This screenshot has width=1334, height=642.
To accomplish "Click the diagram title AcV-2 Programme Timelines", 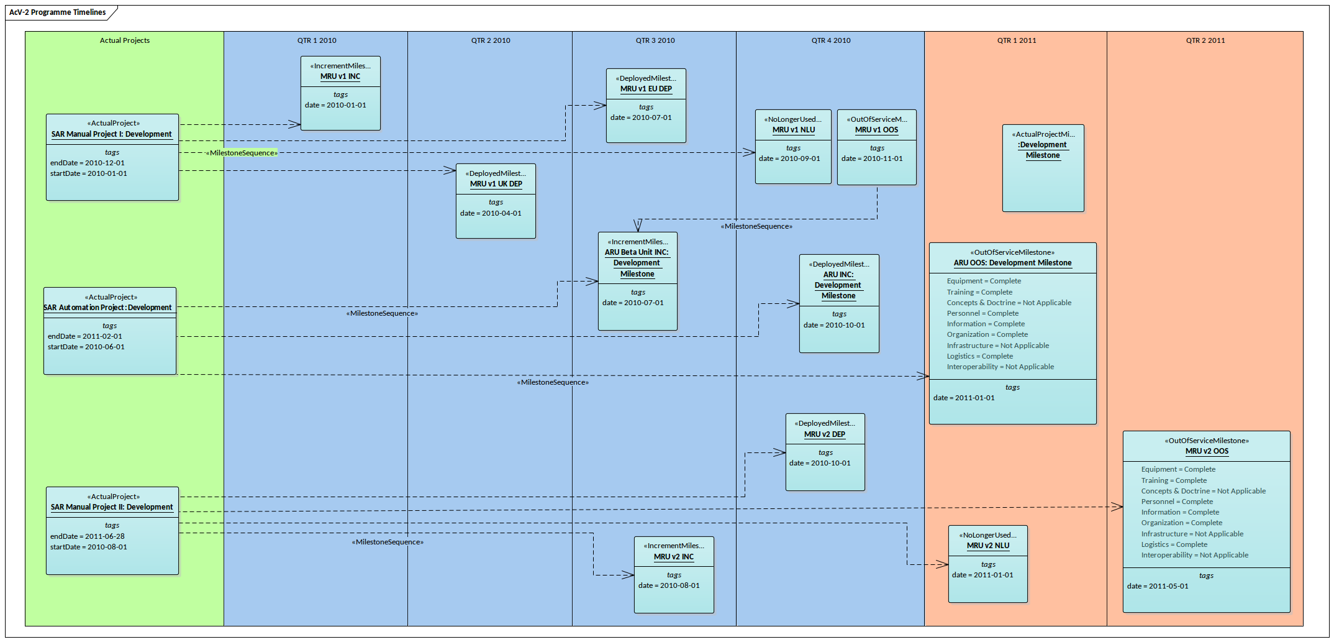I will (x=57, y=12).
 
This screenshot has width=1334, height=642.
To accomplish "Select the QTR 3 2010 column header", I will (x=655, y=40).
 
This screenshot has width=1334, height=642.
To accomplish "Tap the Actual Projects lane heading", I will (x=124, y=40).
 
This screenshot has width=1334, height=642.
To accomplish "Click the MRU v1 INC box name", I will (x=340, y=76).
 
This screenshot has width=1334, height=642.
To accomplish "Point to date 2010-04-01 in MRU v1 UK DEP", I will (x=491, y=213).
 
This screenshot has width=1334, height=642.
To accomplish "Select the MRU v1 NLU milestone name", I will (x=793, y=130).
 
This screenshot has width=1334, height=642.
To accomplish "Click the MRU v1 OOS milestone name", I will (x=876, y=130).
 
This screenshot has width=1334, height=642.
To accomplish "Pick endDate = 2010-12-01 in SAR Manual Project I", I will (x=88, y=163).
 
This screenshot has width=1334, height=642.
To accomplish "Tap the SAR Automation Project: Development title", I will (x=108, y=308).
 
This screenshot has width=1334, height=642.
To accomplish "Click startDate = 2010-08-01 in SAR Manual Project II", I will (x=89, y=547).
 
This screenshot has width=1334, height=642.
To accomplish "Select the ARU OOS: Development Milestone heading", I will (x=1012, y=263).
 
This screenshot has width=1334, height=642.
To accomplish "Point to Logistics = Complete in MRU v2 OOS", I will (x=1174, y=544).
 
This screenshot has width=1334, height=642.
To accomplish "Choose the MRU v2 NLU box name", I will (x=987, y=546).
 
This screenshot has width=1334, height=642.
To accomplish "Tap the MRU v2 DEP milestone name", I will (x=824, y=434).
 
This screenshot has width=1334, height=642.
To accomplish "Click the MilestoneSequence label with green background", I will (x=242, y=153).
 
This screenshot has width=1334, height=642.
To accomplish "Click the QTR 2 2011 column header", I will (x=1205, y=40).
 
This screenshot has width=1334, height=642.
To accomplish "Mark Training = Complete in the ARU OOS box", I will (x=979, y=292).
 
